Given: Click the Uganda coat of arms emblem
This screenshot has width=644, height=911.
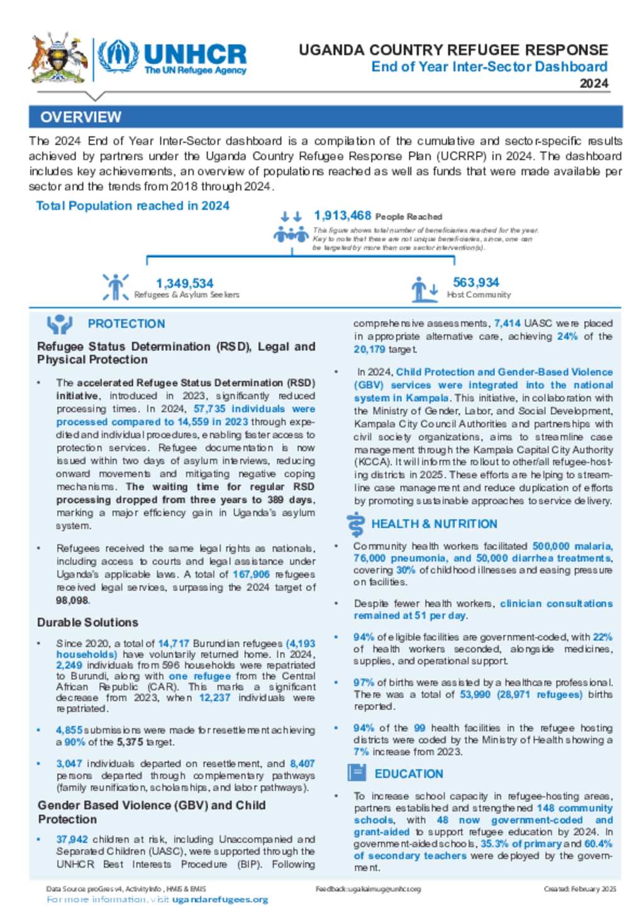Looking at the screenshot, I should tap(58, 58).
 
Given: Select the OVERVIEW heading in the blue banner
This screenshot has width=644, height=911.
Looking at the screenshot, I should tap(80, 117).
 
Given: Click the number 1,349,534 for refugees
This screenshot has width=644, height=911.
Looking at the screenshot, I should tap(184, 284).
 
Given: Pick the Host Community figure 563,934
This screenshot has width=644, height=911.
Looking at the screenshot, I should tap(475, 283).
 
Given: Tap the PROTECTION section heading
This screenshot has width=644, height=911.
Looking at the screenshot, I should tap(126, 324).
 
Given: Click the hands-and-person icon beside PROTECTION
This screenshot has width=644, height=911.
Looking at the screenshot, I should tap(60, 324).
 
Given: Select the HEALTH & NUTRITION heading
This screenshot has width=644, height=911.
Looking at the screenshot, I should tap(434, 524).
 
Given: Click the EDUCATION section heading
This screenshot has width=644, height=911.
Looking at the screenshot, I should tap(409, 774).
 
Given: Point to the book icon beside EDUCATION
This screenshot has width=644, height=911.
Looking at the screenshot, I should tap(357, 773).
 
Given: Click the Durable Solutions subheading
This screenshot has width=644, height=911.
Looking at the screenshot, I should tap(87, 622).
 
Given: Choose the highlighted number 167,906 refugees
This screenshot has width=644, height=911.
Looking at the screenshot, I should tap(251, 575).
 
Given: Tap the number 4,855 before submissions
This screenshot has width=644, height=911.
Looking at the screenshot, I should tap(69, 731).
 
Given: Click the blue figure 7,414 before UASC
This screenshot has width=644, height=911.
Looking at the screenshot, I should tap(507, 323).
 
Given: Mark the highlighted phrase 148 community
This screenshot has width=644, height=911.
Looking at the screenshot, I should tap(574, 808).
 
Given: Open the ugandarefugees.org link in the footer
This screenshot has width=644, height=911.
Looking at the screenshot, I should tap(220, 900).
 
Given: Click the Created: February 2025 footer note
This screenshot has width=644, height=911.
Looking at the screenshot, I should tap(580, 889).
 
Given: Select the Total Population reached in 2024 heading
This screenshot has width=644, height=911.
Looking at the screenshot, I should tap(132, 206).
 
